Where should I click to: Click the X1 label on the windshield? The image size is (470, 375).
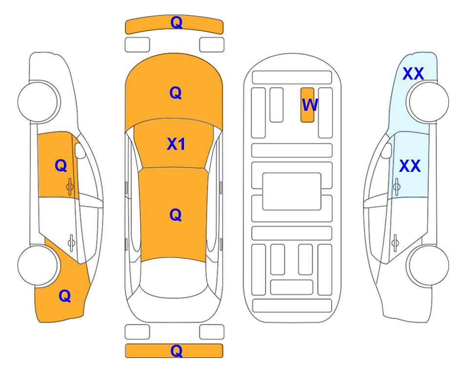pyautogui.click(x=176, y=144)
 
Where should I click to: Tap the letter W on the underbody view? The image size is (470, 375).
pyautogui.click(x=310, y=104)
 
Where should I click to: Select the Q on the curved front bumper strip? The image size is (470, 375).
pyautogui.click(x=176, y=22)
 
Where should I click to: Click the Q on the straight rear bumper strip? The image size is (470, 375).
pyautogui.click(x=176, y=351)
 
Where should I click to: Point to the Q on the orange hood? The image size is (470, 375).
pyautogui.click(x=176, y=93)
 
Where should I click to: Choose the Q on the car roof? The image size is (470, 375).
pyautogui.click(x=176, y=215)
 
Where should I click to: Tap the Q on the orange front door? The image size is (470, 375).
pyautogui.click(x=61, y=166)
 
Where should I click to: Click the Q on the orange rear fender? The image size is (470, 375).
pyautogui.click(x=65, y=296)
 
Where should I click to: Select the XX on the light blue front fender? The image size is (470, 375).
pyautogui.click(x=413, y=74)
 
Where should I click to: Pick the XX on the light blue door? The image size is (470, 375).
pyautogui.click(x=410, y=166)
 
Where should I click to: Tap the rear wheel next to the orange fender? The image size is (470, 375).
pyautogui.click(x=38, y=266)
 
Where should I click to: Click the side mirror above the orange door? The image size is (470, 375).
pyautogui.click(x=80, y=150)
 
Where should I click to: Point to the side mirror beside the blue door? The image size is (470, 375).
pyautogui.click(x=387, y=150)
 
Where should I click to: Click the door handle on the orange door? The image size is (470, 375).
pyautogui.click(x=70, y=187)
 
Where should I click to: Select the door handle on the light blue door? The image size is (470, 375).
pyautogui.click(x=397, y=187)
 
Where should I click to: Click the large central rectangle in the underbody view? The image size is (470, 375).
pyautogui.click(x=292, y=191)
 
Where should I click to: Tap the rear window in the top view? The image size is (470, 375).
pyautogui.click(x=174, y=277)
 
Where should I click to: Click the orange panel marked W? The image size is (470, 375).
pyautogui.click(x=307, y=105)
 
